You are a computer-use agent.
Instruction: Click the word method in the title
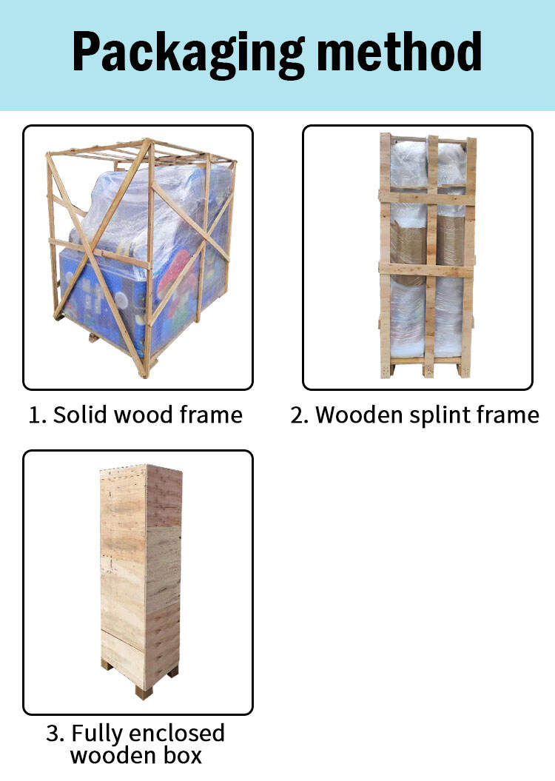pyautogui.click(x=399, y=51)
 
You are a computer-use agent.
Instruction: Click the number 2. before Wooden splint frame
pyautogui.click(x=300, y=415)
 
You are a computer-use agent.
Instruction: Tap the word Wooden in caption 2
pyautogui.click(x=358, y=415)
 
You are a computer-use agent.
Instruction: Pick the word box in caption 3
pyautogui.click(x=183, y=755)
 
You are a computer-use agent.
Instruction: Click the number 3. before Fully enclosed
pyautogui.click(x=55, y=734)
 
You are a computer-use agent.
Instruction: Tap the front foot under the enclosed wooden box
pyautogui.click(x=144, y=692)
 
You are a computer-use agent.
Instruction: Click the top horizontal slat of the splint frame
pyautogui.click(x=427, y=197)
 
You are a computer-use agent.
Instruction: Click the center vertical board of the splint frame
pyautogui.click(x=431, y=254)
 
